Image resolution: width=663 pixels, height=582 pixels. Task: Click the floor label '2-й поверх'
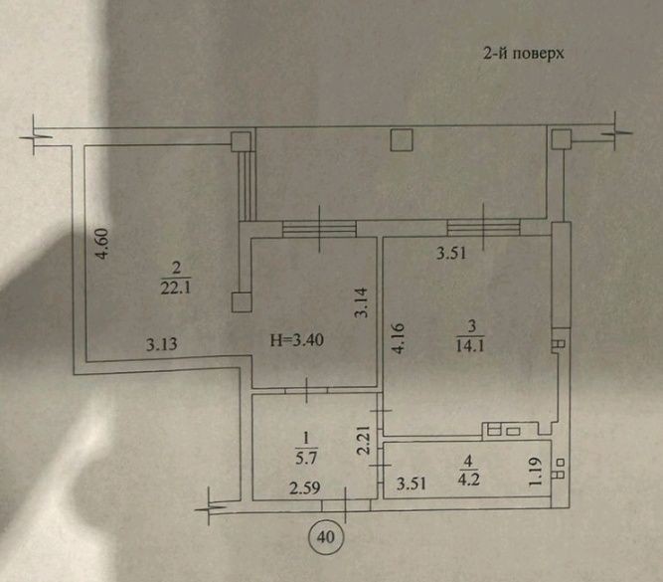(x=524, y=54)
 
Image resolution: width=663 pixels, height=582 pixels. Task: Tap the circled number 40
(x=325, y=536)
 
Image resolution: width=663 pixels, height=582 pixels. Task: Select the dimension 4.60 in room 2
(x=102, y=244)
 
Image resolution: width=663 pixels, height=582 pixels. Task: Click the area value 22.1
(x=176, y=289)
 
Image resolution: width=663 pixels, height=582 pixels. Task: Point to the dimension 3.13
(x=161, y=344)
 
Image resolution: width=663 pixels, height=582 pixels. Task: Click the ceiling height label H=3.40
(x=297, y=339)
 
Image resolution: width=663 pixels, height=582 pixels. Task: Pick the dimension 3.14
(x=362, y=302)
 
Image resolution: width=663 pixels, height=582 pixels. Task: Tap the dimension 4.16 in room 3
(x=399, y=338)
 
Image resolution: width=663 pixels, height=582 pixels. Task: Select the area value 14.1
(x=470, y=346)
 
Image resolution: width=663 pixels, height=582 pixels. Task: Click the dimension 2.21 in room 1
(x=364, y=440)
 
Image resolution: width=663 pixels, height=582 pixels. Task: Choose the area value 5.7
(x=306, y=458)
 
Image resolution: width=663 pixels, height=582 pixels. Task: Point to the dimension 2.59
(x=305, y=488)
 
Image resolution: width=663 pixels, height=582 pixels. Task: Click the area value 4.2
(x=468, y=480)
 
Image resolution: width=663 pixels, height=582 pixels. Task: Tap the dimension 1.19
(x=536, y=472)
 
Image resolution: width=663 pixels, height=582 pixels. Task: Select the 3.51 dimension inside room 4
(x=411, y=484)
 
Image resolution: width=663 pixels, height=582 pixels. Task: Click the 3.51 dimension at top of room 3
(x=451, y=254)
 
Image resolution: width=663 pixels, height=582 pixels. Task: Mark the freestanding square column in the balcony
(x=402, y=140)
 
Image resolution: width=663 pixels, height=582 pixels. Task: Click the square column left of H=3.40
(x=242, y=302)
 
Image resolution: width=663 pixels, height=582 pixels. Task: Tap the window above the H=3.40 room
(x=319, y=228)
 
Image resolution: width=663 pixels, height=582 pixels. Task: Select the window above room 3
(x=484, y=227)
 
